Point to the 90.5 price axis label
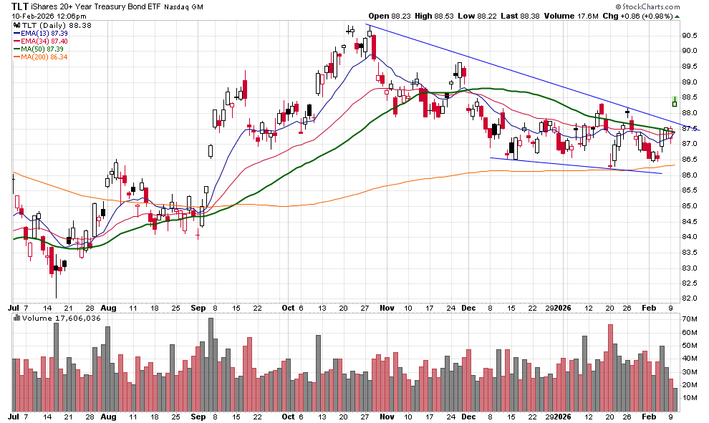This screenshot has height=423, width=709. [690, 35]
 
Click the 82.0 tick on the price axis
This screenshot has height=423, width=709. [690, 298]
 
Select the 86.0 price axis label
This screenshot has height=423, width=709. [690, 175]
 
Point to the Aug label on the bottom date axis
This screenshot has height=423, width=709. [108, 416]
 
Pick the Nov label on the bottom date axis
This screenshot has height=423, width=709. [387, 416]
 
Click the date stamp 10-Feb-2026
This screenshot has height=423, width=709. [36, 16]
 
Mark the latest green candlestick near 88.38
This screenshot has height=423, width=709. [674, 102]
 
